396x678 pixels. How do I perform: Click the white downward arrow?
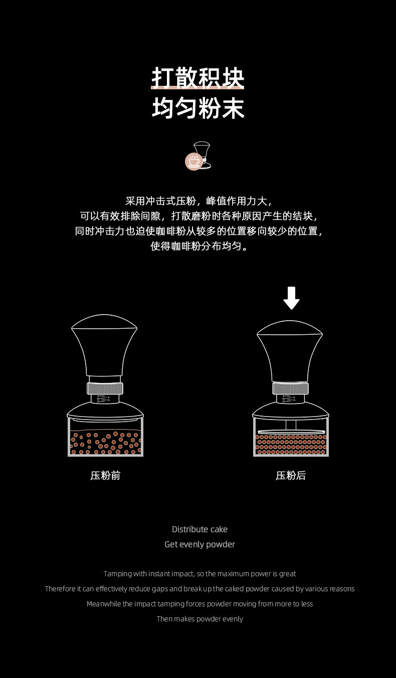[x=291, y=298]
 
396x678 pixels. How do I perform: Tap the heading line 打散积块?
[x=197, y=78]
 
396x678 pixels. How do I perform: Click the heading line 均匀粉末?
[x=198, y=108]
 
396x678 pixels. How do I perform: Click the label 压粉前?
[x=105, y=476]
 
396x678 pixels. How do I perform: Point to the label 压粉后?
[x=291, y=476]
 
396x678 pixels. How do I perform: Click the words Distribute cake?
[x=200, y=529]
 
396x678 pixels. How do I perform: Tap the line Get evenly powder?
[x=200, y=545]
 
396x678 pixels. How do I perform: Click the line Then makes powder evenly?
[x=200, y=619]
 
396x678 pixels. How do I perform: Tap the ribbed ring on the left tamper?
[x=105, y=388]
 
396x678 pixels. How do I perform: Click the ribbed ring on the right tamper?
[x=290, y=388]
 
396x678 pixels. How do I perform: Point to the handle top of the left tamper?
[x=104, y=322]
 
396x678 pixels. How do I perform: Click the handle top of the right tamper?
[x=290, y=328]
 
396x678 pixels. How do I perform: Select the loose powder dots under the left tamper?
[x=105, y=443]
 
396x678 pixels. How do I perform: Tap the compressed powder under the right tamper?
[x=291, y=445]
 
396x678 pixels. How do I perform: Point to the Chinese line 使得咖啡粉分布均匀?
[x=200, y=246]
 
